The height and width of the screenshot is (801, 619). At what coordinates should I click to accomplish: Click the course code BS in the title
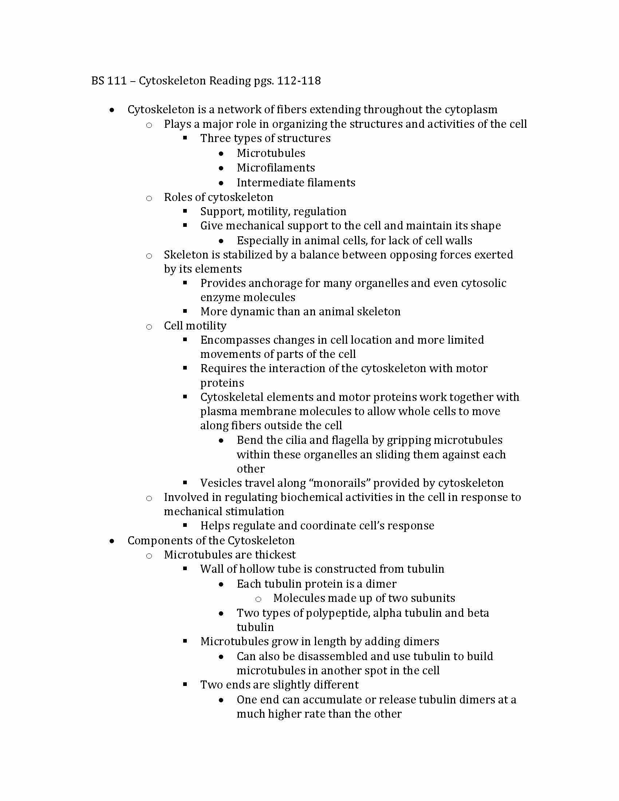(x=98, y=80)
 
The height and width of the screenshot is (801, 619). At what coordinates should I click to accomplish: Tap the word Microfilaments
(x=276, y=167)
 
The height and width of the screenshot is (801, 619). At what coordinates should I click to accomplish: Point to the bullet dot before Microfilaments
(x=221, y=168)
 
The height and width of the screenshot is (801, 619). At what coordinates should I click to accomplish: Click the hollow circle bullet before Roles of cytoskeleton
(x=149, y=198)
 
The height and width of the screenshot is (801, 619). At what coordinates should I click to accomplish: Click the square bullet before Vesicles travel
(x=185, y=482)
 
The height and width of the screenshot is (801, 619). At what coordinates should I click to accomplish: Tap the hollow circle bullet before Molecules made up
(x=258, y=599)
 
